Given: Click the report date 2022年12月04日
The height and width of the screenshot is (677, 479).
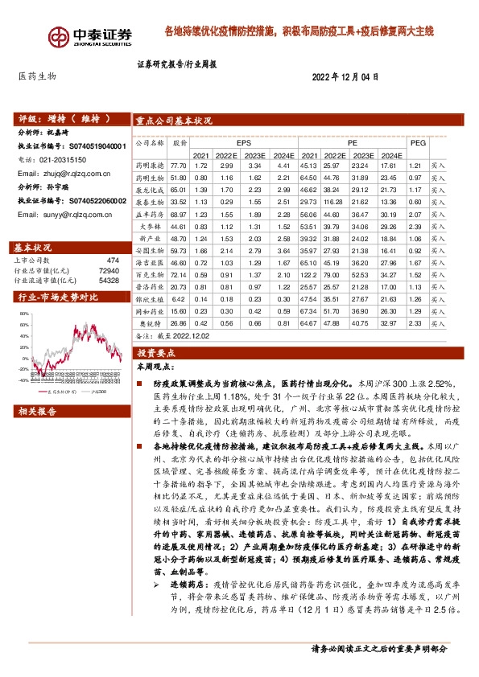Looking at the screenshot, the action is click(x=345, y=76).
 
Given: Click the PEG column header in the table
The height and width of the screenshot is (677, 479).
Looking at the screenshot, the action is click(x=418, y=142).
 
